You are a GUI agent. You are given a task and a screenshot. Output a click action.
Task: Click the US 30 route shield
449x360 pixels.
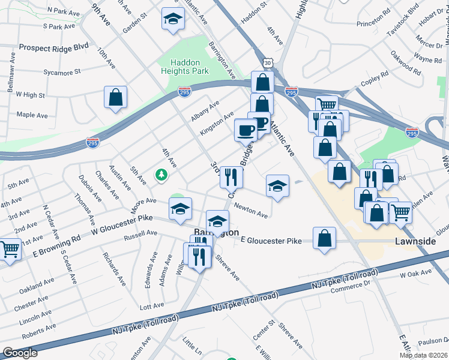(267, 62)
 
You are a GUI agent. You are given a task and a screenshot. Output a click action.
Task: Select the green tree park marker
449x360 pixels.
(161, 175)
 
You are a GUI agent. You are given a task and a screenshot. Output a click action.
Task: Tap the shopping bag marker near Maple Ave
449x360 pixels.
(115, 97)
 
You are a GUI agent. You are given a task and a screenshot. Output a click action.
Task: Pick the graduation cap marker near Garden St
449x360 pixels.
(173, 19)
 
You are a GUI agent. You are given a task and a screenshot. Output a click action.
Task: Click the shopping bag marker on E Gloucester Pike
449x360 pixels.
(324, 238)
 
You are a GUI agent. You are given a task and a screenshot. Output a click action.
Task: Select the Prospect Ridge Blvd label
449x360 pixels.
(54, 47)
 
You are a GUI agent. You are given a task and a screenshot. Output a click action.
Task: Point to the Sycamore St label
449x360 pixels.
(62, 73)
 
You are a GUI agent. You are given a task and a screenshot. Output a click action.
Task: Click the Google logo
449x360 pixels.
(20, 353)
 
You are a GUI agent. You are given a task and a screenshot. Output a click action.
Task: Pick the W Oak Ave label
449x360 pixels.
(415, 274)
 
